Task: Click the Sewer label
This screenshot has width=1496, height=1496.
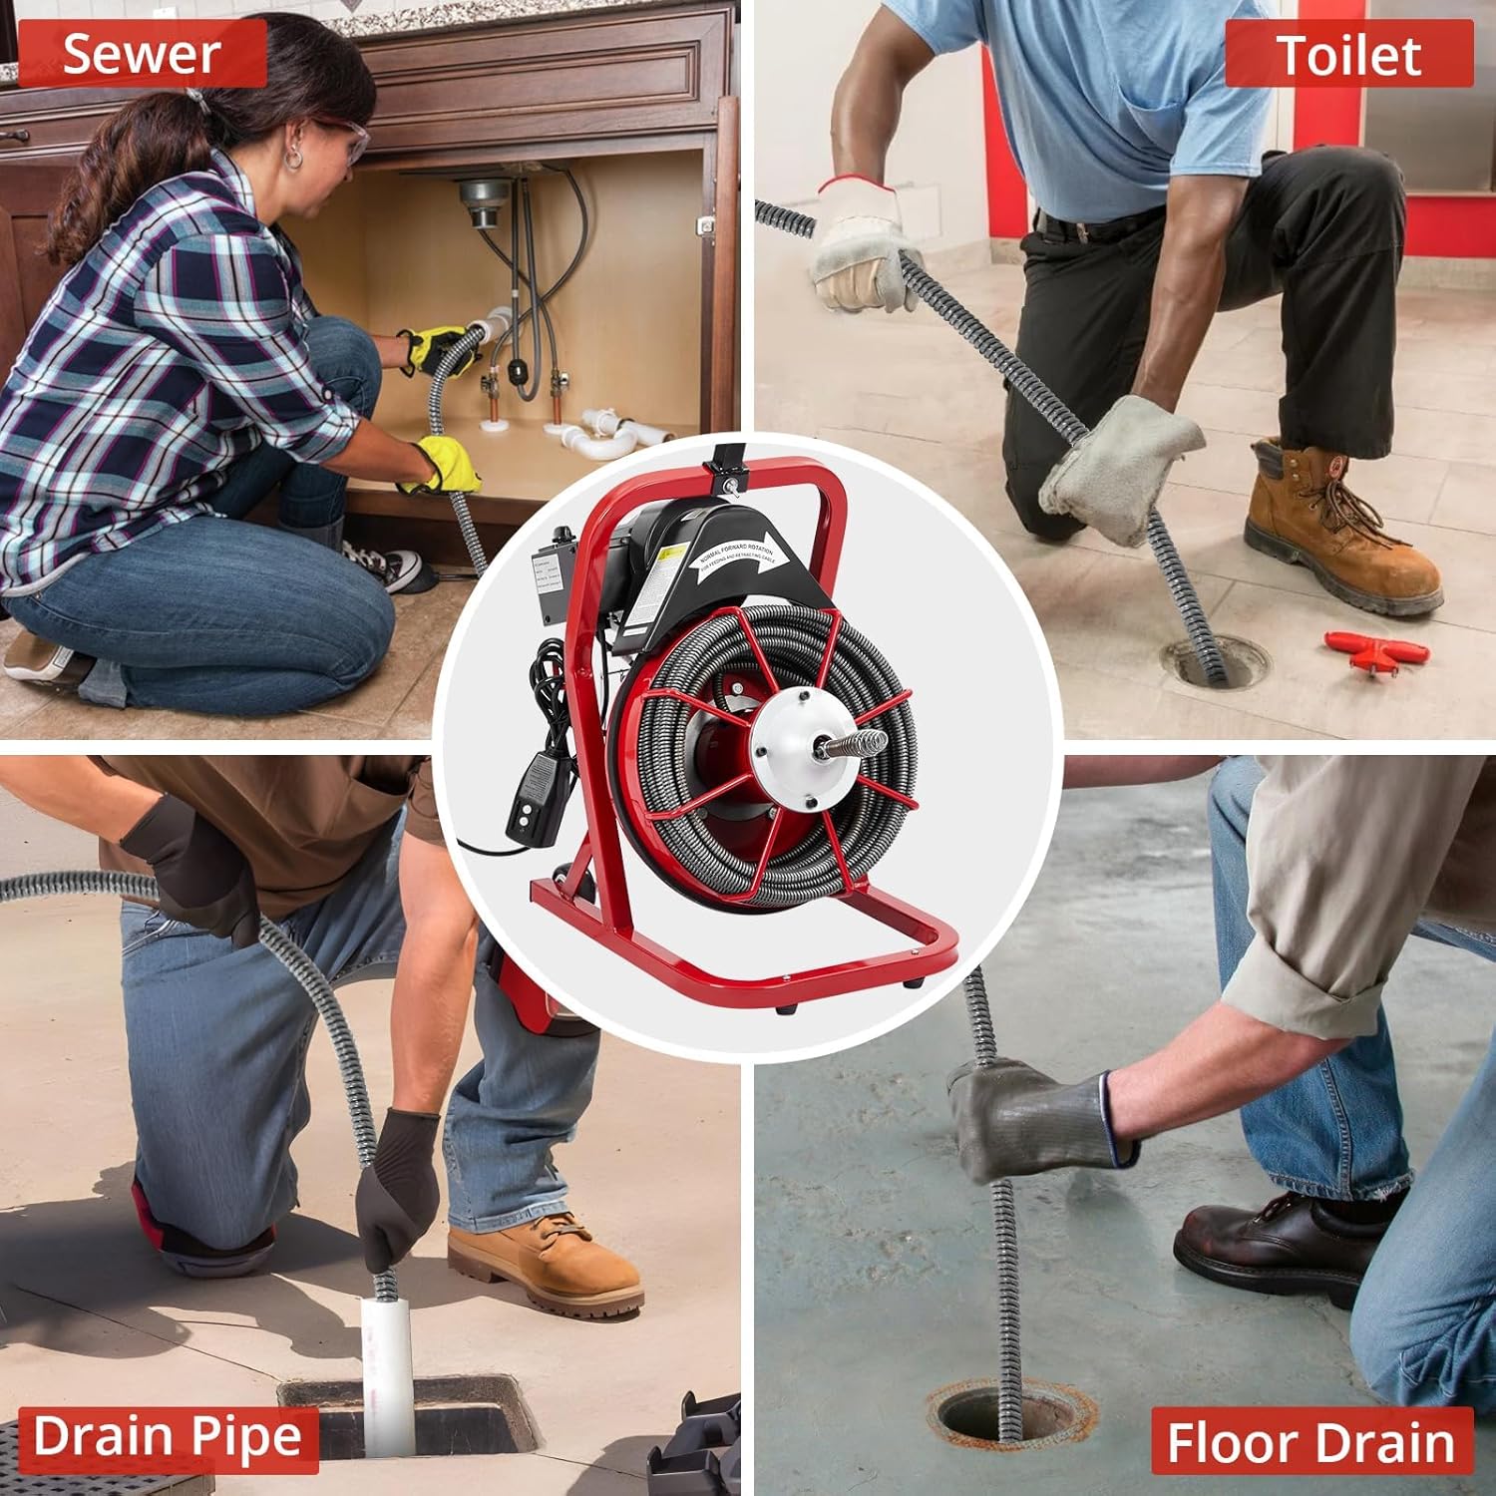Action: pyautogui.click(x=142, y=54)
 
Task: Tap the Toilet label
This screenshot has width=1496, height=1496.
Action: pyautogui.click(x=1348, y=54)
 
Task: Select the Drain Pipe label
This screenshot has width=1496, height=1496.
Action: pyautogui.click(x=167, y=1438)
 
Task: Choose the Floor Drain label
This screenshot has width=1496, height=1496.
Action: pyautogui.click(x=1310, y=1441)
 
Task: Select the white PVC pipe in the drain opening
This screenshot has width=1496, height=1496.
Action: pyautogui.click(x=387, y=1366)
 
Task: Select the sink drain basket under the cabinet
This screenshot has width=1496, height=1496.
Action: pyautogui.click(x=480, y=204)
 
